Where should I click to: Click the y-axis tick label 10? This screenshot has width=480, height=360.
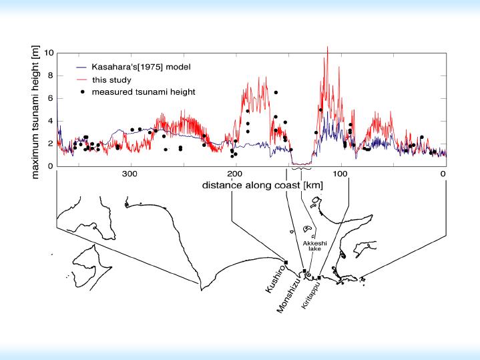click(48, 52)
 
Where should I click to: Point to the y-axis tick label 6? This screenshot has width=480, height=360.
click(49, 98)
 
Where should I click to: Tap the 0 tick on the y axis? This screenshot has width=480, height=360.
click(49, 166)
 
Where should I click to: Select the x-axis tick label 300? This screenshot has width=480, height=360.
click(130, 175)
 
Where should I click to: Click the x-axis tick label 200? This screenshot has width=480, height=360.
click(233, 175)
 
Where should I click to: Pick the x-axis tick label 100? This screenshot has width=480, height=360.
click(340, 175)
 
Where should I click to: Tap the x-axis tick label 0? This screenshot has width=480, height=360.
click(443, 175)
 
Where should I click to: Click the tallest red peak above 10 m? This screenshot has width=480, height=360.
click(327, 47)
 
